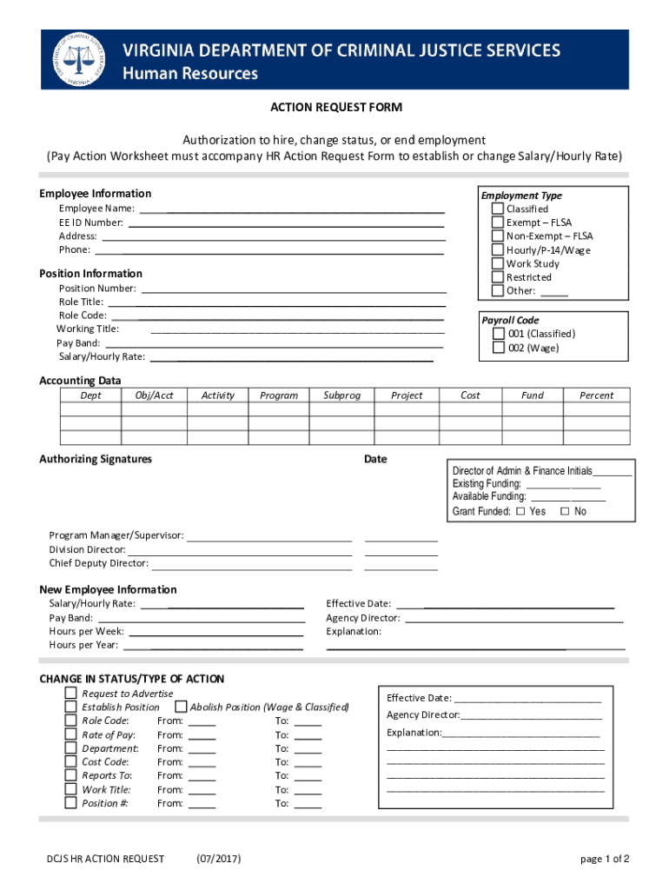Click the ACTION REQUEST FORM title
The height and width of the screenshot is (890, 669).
(x=334, y=107)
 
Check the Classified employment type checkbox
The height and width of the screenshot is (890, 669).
(x=497, y=209)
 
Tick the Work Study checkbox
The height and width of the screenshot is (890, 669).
(x=497, y=263)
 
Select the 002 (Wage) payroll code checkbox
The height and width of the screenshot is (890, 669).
(x=499, y=348)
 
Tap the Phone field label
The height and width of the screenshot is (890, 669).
(x=74, y=249)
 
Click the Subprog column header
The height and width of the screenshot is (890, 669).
(x=341, y=395)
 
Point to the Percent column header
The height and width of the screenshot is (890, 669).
(x=596, y=395)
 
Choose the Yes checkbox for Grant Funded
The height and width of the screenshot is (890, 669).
(x=520, y=512)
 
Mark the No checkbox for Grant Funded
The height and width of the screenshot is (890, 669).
(x=565, y=512)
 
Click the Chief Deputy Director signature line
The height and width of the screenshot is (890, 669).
(x=251, y=564)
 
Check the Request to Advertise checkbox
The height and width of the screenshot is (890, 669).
(x=70, y=694)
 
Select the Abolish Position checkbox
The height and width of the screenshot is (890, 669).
(x=182, y=707)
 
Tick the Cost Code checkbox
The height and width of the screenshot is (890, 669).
(x=70, y=762)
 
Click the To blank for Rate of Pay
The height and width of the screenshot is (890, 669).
(x=308, y=735)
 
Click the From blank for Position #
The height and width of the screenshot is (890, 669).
(x=202, y=804)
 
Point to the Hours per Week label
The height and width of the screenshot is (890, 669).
(x=86, y=631)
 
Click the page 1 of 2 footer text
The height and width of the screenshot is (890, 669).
(x=605, y=860)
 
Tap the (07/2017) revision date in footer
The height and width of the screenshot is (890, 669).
(x=219, y=860)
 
